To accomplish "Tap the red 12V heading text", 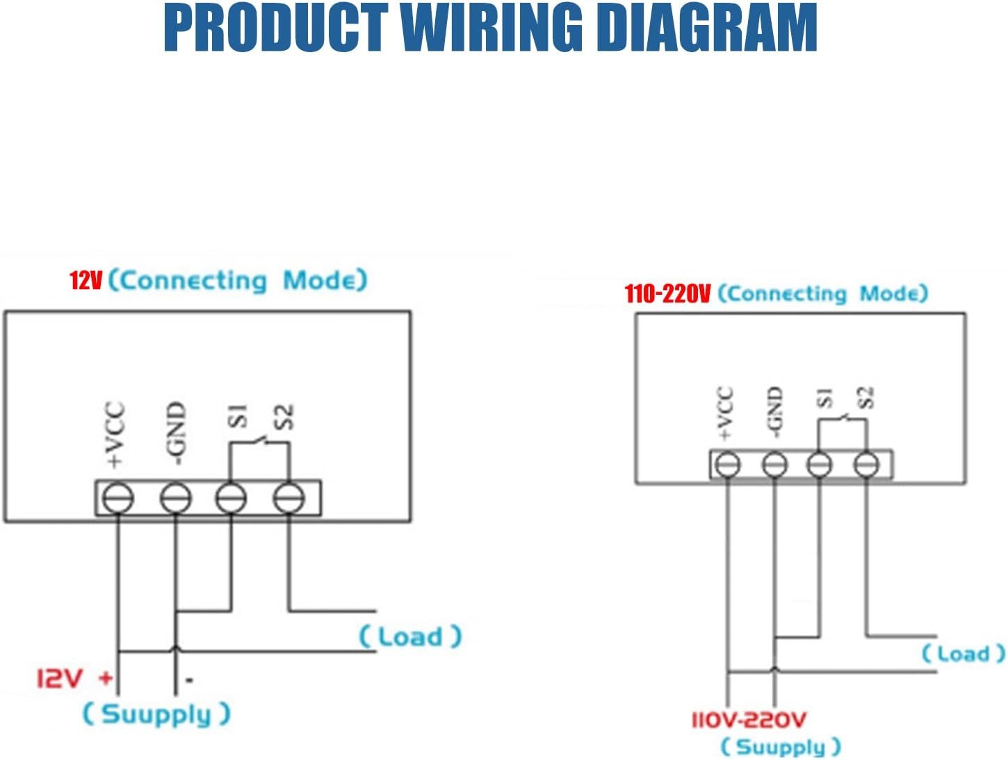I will tap(86, 281).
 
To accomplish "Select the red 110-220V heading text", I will tap(667, 294).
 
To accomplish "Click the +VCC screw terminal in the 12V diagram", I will tap(117, 498).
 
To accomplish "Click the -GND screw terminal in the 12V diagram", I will tap(175, 498).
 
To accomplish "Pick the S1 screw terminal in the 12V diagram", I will tap(231, 498).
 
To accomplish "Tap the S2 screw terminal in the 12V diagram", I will tap(288, 498).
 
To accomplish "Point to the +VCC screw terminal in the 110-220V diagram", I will tap(727, 464).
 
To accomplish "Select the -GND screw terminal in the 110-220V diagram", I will tap(774, 464).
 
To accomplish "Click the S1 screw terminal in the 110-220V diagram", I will tap(820, 464).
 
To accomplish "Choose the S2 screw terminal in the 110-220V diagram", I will tap(866, 464).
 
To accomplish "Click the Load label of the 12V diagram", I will tap(410, 636).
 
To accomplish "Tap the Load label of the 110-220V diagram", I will tap(963, 654).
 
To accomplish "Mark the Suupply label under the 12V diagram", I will tap(156, 714).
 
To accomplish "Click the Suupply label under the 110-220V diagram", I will tap(781, 747).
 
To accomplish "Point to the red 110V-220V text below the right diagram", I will tap(749, 720).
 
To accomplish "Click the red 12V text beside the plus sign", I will tap(60, 678).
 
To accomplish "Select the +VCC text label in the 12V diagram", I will tap(115, 435).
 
